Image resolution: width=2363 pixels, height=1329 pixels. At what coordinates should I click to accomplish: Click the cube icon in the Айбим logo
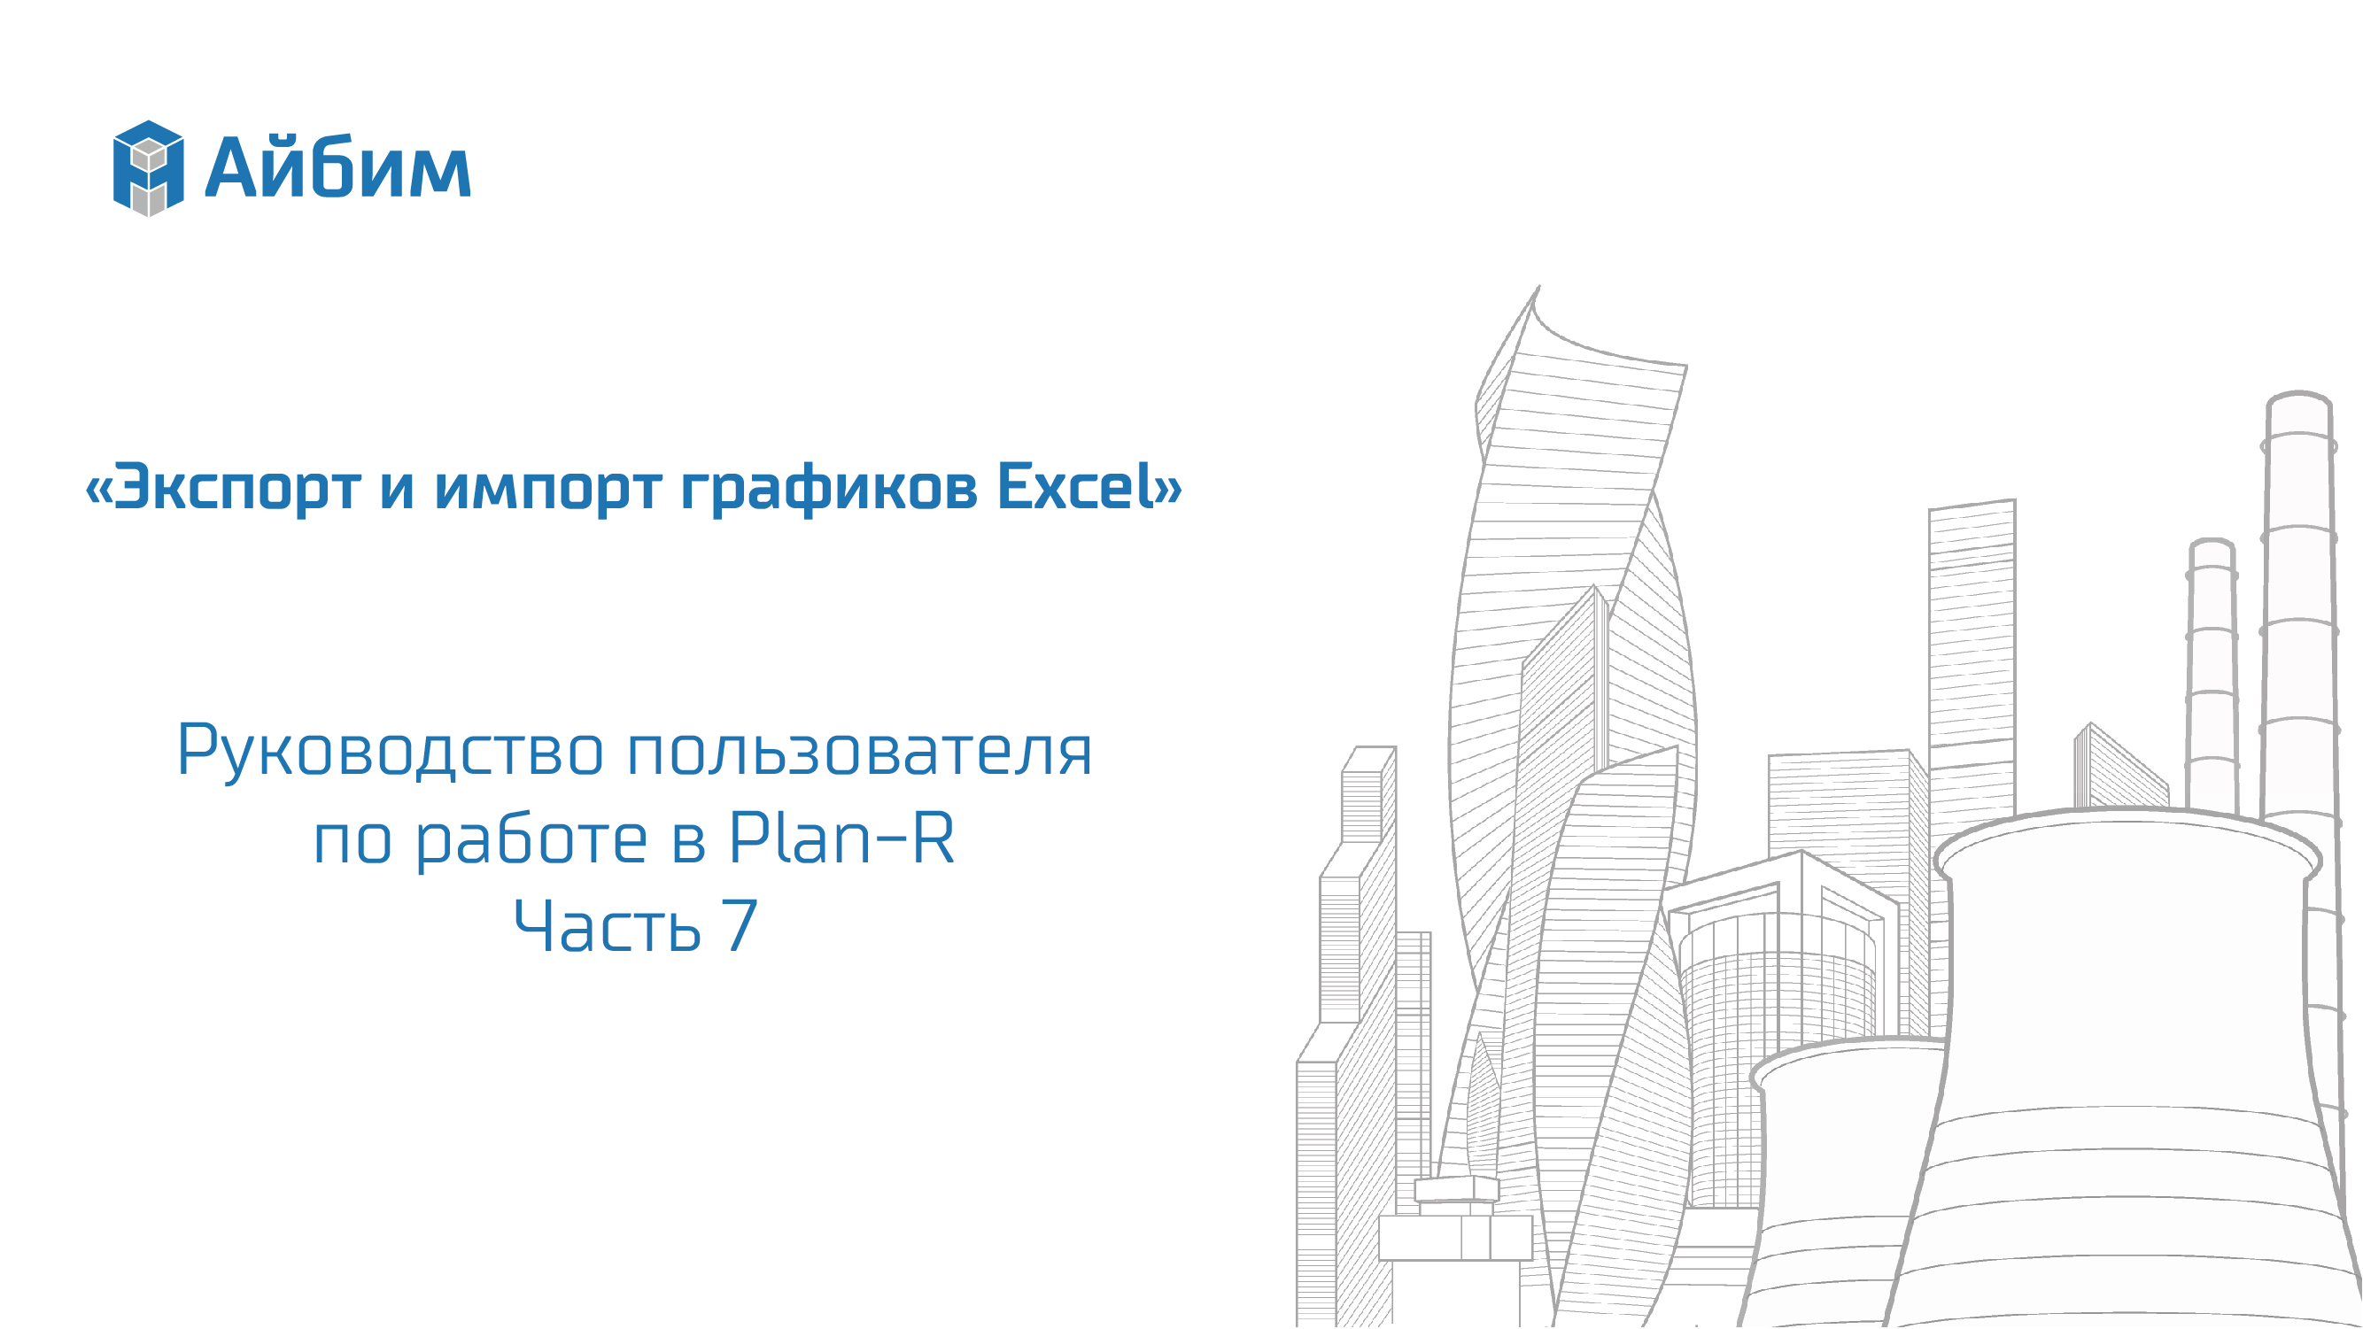[148, 168]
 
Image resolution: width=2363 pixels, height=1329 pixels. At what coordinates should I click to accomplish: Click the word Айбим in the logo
[337, 167]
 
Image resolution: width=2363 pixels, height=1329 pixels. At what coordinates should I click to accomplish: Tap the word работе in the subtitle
[532, 839]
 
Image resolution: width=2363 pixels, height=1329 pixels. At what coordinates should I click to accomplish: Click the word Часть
[608, 926]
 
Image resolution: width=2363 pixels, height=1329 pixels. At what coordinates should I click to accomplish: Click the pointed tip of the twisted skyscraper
[1538, 287]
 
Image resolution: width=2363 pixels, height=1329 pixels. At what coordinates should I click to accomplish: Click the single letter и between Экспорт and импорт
[397, 490]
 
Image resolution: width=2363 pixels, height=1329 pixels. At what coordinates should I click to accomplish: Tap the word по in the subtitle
[353, 841]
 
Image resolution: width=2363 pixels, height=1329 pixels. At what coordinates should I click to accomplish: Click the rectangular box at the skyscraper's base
[1456, 1237]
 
